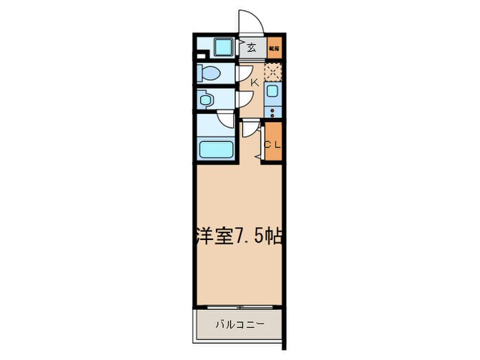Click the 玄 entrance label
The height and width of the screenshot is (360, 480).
[252, 48]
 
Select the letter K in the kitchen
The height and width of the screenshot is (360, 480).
[253, 83]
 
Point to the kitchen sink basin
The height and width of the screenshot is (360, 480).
[273, 93]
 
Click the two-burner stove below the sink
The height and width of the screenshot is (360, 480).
[273, 111]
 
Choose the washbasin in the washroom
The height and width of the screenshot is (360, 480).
[206, 99]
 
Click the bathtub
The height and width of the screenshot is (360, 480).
[217, 148]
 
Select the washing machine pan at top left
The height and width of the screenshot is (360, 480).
[224, 48]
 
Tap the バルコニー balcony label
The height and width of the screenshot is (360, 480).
[239, 324]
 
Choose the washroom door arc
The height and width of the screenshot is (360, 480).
[243, 101]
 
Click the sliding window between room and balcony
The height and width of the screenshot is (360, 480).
[238, 305]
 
